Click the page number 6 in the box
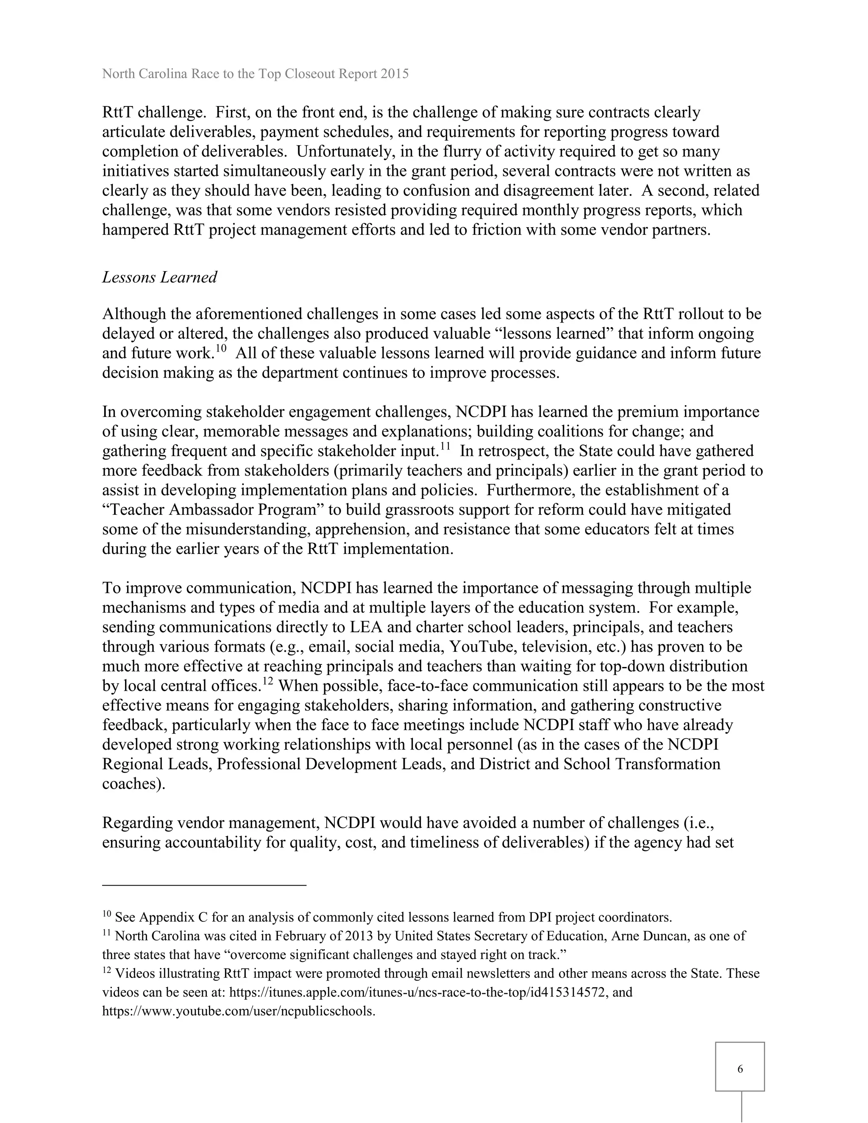click(740, 1069)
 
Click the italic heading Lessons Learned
click(159, 277)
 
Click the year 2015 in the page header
click(395, 74)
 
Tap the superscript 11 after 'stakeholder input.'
click(445, 446)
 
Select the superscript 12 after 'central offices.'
click(267, 681)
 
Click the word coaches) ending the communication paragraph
click(133, 784)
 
